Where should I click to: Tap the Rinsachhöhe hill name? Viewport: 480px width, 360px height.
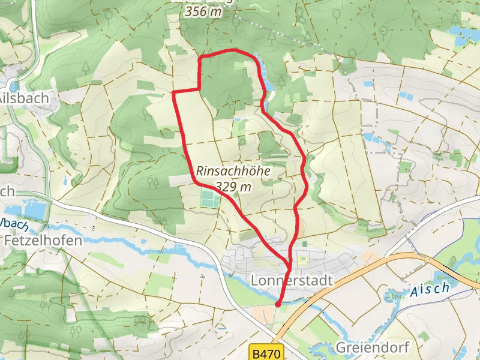233,172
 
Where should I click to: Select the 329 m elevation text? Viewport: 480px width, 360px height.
234,187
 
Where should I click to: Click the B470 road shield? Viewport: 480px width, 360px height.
265,353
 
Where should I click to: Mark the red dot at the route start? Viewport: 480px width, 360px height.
277,305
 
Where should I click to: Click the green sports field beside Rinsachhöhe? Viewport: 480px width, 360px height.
209,199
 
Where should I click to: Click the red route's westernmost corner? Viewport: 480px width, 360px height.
174,93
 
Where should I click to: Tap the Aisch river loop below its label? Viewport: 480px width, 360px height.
396,296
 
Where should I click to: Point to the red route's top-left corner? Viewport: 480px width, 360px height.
200,58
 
